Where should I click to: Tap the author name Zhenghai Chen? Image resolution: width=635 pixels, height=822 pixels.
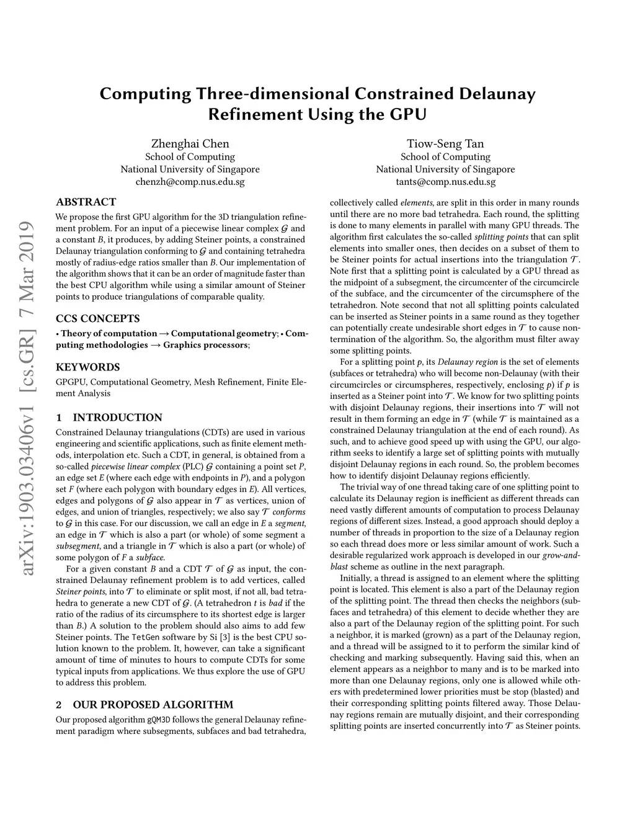pyautogui.click(x=190, y=144)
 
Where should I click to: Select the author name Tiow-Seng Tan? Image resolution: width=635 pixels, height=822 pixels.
pyautogui.click(x=445, y=144)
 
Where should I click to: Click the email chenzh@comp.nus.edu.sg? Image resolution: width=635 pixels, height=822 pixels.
pyautogui.click(x=190, y=182)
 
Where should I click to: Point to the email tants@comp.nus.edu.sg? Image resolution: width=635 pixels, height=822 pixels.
pyautogui.click(x=445, y=182)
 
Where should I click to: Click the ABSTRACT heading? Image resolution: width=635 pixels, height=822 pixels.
pyautogui.click(x=86, y=202)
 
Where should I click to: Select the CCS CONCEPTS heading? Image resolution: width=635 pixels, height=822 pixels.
pyautogui.click(x=98, y=319)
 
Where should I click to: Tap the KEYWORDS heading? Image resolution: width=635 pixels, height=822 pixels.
pyautogui.click(x=87, y=367)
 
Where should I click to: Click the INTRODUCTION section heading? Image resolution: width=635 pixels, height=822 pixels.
pyautogui.click(x=117, y=418)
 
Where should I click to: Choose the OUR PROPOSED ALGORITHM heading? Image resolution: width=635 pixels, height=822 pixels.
pyautogui.click(x=153, y=705)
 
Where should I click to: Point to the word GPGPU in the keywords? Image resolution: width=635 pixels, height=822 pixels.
pyautogui.click(x=71, y=382)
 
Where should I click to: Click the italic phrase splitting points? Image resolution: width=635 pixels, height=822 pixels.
pyautogui.click(x=501, y=237)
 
